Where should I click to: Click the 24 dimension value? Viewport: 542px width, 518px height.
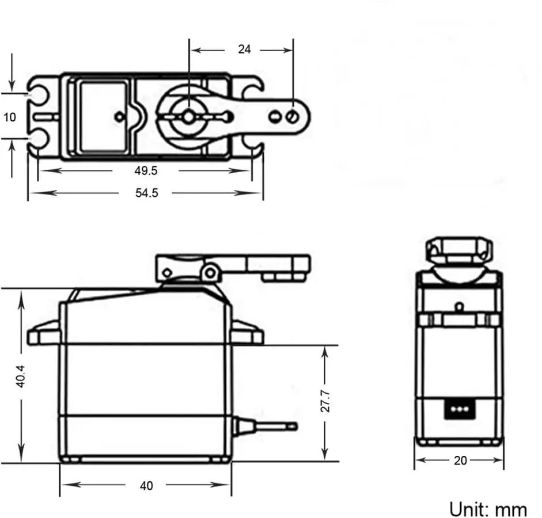[x=244, y=49]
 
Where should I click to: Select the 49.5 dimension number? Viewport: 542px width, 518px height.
[x=146, y=170]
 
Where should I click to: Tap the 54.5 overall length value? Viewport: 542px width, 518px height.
[x=146, y=193]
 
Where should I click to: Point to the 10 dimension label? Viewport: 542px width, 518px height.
[x=10, y=117]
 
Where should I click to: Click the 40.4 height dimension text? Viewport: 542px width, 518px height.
[x=21, y=376]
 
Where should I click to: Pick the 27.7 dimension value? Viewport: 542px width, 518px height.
[x=325, y=401]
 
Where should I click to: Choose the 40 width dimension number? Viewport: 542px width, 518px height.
[x=146, y=486]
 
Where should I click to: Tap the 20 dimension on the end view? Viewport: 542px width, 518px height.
[x=460, y=460]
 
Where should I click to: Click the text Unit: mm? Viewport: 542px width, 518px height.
[x=488, y=509]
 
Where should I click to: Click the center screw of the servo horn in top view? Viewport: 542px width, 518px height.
[x=188, y=117]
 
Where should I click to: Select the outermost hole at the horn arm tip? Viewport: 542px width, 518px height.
[x=293, y=117]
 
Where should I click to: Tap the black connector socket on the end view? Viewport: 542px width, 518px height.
[x=458, y=409]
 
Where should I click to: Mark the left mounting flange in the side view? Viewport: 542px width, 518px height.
[x=44, y=333]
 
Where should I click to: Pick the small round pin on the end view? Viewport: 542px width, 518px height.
[x=460, y=306]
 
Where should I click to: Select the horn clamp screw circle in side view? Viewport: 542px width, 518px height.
[x=210, y=272]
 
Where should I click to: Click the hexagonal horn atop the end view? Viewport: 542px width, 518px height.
[x=458, y=249]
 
